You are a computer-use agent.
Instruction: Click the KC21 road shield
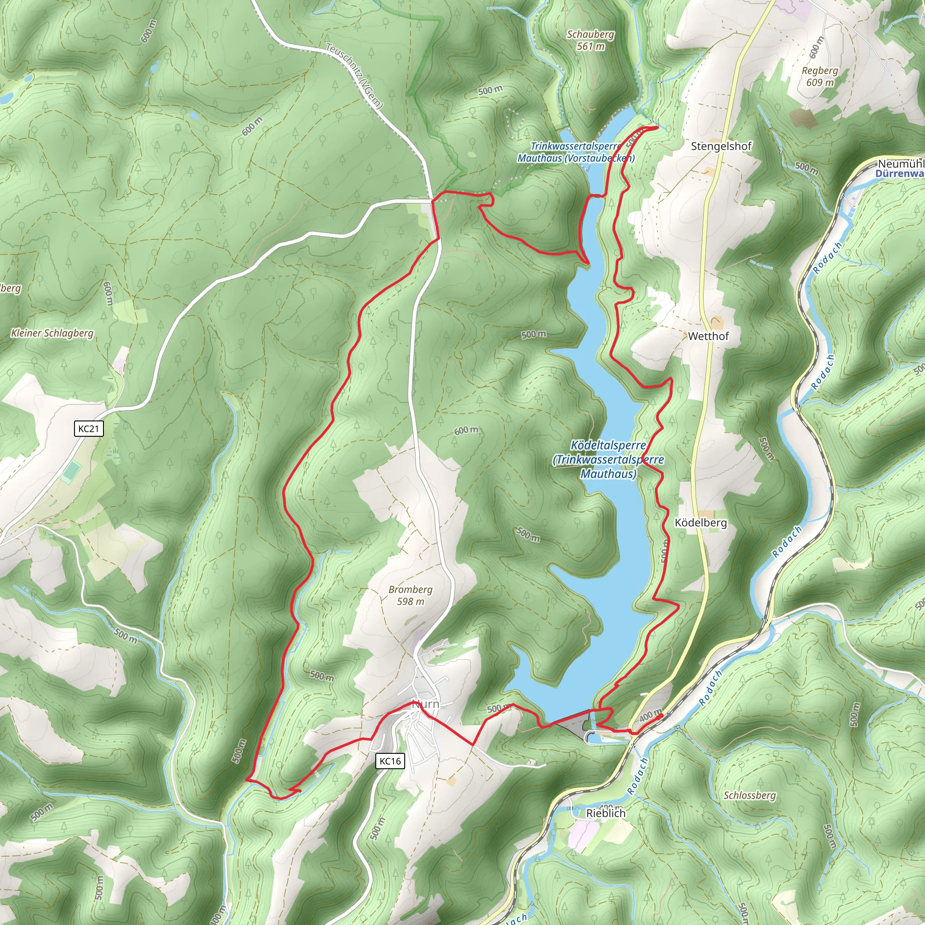[89, 428]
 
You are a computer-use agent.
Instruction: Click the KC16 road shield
[390, 761]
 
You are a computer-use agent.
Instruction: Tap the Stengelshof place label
[721, 146]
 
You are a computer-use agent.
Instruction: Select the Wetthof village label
[708, 336]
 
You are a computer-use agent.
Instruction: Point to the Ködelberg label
[701, 523]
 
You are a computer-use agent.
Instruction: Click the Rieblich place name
[606, 813]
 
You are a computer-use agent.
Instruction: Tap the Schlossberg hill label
[749, 795]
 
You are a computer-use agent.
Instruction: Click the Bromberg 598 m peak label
[410, 595]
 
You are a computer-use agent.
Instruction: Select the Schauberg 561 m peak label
[590, 40]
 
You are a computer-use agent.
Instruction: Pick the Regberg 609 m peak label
[820, 76]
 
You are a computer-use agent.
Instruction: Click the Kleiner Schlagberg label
[52, 333]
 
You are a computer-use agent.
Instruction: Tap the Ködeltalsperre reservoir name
[608, 459]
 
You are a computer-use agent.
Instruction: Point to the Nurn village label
[425, 704]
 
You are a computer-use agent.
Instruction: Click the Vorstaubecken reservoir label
[576, 152]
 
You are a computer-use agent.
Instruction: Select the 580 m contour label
[528, 534]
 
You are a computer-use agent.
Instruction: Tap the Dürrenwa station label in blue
[900, 173]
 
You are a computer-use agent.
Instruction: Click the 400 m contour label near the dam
[650, 715]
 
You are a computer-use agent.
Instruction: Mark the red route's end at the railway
[662, 715]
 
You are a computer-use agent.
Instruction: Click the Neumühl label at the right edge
[901, 164]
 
